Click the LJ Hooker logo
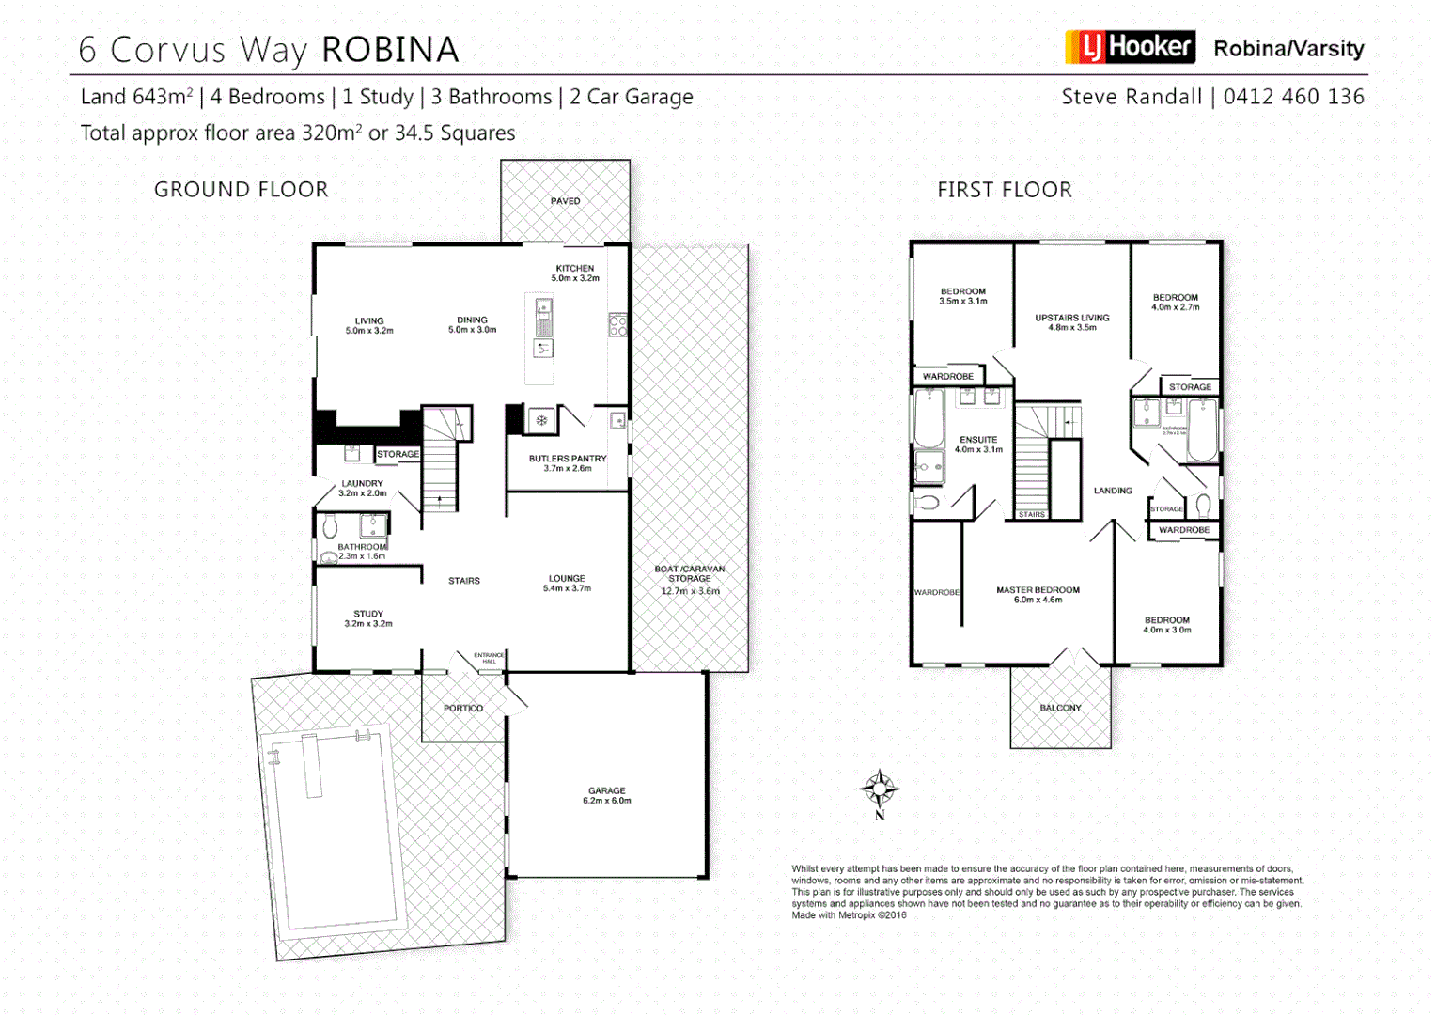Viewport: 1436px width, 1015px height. (x=1130, y=47)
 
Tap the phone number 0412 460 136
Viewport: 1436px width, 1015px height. (x=1293, y=97)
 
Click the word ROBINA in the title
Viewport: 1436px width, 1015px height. (x=390, y=50)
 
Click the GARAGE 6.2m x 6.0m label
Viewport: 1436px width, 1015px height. (x=607, y=796)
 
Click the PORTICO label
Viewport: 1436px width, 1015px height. (x=463, y=709)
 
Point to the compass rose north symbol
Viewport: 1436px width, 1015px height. (x=880, y=789)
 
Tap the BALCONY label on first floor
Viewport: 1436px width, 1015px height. (x=1060, y=708)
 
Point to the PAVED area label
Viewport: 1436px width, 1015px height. (x=565, y=201)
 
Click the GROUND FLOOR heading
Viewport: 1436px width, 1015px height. (x=242, y=190)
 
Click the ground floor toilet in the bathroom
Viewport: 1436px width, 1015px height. (x=330, y=526)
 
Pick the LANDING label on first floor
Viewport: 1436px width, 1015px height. (x=1113, y=491)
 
